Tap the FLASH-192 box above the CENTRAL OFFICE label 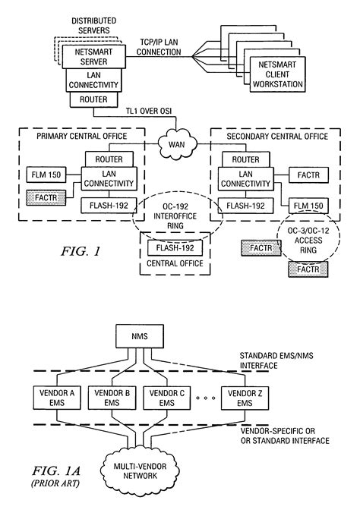click(x=175, y=248)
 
